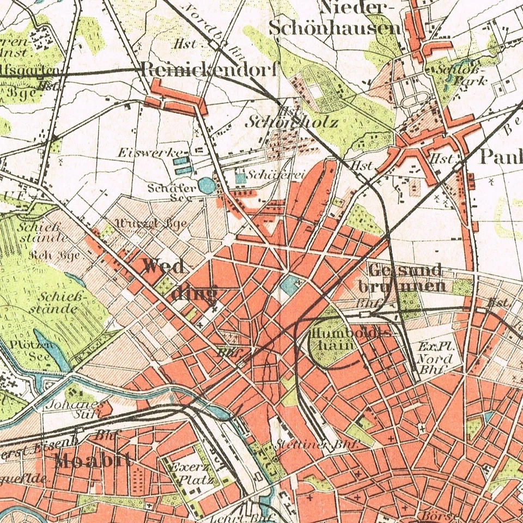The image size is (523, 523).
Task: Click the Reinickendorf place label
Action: tap(210, 69)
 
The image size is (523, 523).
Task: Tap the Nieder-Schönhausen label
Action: tap(335, 17)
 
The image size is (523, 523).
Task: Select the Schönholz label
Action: tap(291, 121)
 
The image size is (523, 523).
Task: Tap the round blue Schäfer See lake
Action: tap(206, 186)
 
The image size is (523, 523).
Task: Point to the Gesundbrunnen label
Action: tap(403, 278)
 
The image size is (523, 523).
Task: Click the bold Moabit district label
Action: tap(93, 461)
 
